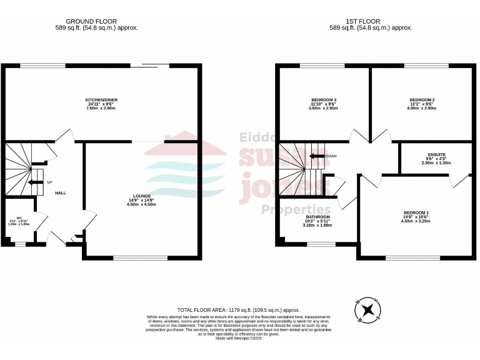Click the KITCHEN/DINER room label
coord(101,100)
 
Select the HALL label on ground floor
coord(61,192)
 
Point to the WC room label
coord(19,218)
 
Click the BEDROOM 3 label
coord(324,100)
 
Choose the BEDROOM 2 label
coord(422,100)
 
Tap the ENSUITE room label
coord(436,154)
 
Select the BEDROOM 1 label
coord(416,212)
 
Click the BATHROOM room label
coord(317,217)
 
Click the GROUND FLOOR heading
coord(91,21)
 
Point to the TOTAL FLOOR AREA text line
coord(238,310)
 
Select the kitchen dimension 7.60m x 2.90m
coord(101,108)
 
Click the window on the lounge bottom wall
coord(131,257)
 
